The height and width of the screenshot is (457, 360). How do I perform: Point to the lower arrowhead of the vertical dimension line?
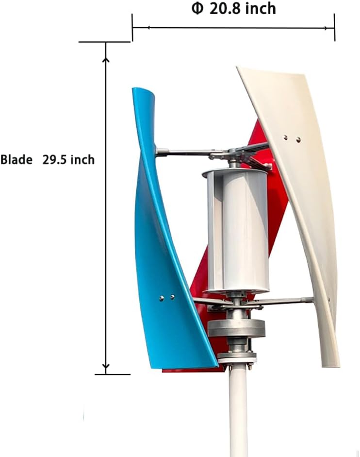[x=106, y=367]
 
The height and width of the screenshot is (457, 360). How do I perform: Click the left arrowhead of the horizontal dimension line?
[x=136, y=28]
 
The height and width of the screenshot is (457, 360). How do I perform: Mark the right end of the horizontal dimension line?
[x=334, y=28]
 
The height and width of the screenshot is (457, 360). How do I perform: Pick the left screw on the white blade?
[x=286, y=137]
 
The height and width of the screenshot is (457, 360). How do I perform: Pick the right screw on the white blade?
[x=298, y=140]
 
